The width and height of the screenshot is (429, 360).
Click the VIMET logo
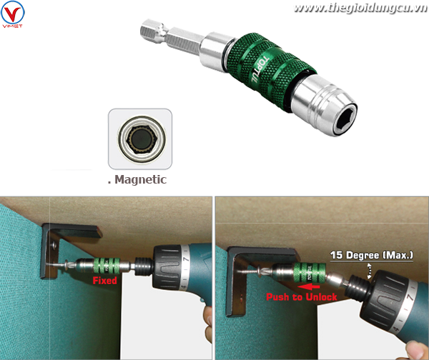13,14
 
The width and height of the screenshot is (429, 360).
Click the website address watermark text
360,8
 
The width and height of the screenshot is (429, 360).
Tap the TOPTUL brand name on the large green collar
260,71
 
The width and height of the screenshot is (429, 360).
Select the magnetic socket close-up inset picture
140,139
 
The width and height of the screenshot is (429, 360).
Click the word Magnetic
140,179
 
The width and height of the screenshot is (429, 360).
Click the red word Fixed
105,281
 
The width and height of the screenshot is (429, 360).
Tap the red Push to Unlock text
302,297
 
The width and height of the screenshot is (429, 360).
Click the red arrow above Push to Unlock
308,286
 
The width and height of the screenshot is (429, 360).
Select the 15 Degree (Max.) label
372,255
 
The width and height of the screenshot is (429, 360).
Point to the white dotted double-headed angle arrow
369,271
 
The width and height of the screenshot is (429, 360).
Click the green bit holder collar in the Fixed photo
107,266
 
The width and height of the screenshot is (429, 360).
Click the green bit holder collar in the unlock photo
310,273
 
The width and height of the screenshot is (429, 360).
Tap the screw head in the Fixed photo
67,264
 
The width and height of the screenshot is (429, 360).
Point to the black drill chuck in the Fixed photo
144,266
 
